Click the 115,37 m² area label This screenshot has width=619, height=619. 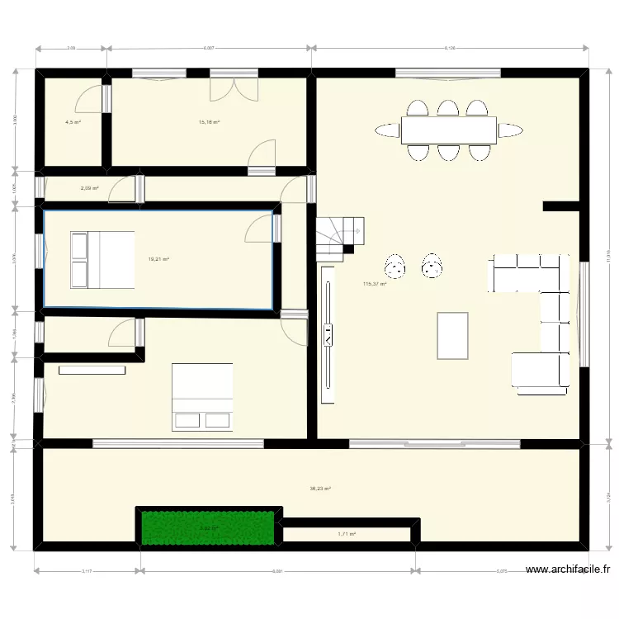tap(375, 285)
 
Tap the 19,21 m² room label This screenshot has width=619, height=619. tap(158, 259)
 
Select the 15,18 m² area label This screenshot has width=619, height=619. tap(209, 122)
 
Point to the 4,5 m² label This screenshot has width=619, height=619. tap(73, 122)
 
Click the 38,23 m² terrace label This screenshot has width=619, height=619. tap(320, 489)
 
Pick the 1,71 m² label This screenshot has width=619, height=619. tap(347, 534)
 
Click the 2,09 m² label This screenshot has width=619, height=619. tap(89, 188)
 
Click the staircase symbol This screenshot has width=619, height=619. tap(339, 238)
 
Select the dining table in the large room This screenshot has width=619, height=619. tap(448, 130)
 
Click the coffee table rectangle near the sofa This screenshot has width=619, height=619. tap(452, 335)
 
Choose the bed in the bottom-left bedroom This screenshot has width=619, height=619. tap(201, 397)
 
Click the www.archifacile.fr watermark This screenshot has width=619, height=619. tap(569, 569)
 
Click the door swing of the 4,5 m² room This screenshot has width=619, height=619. tap(89, 99)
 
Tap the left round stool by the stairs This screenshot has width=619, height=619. tap(395, 266)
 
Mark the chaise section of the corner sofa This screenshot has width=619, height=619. tap(540, 369)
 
